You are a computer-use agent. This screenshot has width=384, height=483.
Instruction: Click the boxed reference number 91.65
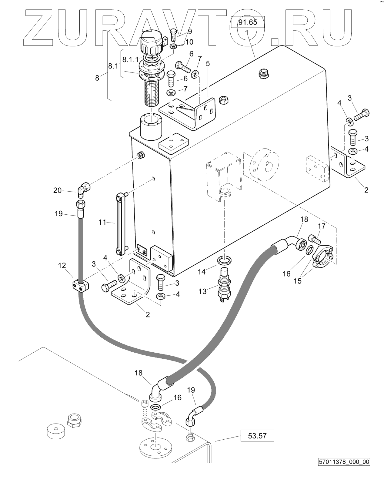(x=248, y=22)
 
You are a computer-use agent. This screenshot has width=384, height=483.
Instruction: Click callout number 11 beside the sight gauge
(x=102, y=223)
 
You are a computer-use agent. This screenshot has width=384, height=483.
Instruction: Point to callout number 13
(x=202, y=291)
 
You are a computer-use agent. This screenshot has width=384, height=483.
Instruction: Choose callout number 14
(x=202, y=272)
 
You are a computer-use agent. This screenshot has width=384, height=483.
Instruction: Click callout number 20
(x=57, y=190)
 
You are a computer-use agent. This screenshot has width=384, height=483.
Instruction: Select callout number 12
(x=62, y=266)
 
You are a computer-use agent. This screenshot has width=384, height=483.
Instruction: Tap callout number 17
(x=322, y=226)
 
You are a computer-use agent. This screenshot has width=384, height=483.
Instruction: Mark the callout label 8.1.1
(x=130, y=59)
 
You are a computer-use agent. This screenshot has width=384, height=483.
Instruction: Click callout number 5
(x=208, y=63)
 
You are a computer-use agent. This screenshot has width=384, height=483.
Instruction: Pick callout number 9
(x=190, y=32)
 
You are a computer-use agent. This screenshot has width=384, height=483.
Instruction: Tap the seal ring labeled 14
(x=224, y=260)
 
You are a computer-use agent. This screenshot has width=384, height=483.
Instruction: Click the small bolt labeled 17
(x=314, y=239)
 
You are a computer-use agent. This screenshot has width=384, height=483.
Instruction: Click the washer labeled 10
(x=173, y=46)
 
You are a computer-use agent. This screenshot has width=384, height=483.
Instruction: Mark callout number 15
(x=298, y=281)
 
